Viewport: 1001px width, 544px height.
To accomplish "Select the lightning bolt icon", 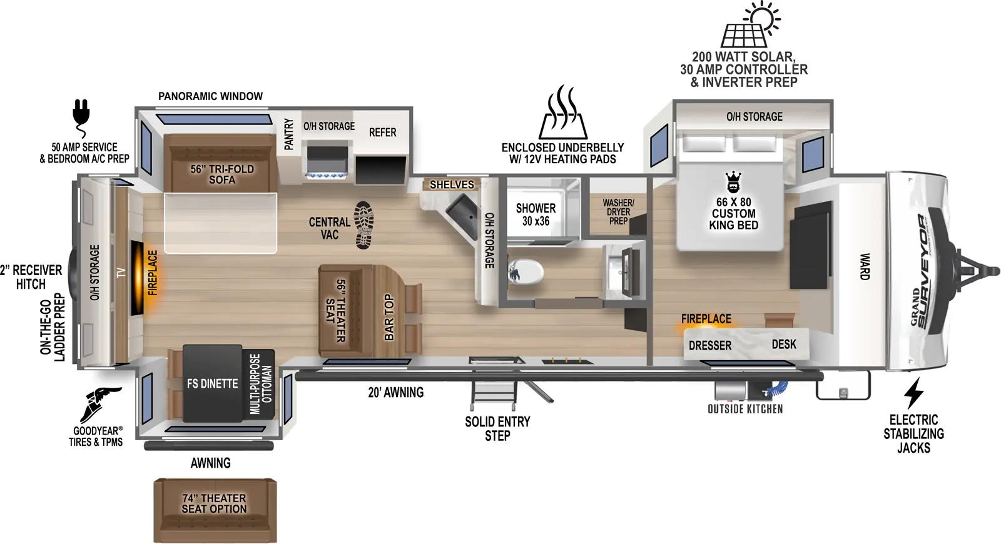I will point(913,393).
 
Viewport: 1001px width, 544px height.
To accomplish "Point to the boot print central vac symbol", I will point(363,224).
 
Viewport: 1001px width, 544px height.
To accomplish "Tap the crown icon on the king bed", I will point(733,183).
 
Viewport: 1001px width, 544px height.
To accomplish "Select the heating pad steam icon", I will point(563,113).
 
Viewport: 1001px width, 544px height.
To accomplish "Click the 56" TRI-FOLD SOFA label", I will point(222,174).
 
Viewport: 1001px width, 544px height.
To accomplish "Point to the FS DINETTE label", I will point(212,383).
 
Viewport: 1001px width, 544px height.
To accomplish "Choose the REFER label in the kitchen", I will point(382,133).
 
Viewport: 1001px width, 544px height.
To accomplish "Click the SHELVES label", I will point(452,184).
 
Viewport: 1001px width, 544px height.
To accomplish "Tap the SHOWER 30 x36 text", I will point(536,214).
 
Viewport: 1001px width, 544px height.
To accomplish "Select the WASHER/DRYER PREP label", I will point(618,211).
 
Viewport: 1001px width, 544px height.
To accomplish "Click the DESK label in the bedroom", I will point(784,344).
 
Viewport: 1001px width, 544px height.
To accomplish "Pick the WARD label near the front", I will point(865,266).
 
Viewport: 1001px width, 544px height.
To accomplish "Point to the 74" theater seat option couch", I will point(215,510).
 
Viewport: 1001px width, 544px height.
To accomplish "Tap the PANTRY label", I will point(288,134).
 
